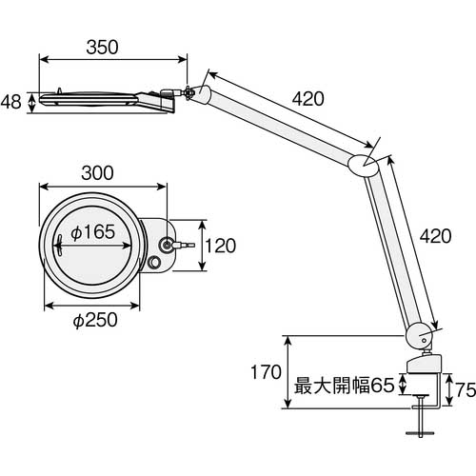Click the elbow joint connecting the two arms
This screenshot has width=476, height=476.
[366, 164]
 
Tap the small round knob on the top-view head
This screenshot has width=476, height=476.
[156, 264]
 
